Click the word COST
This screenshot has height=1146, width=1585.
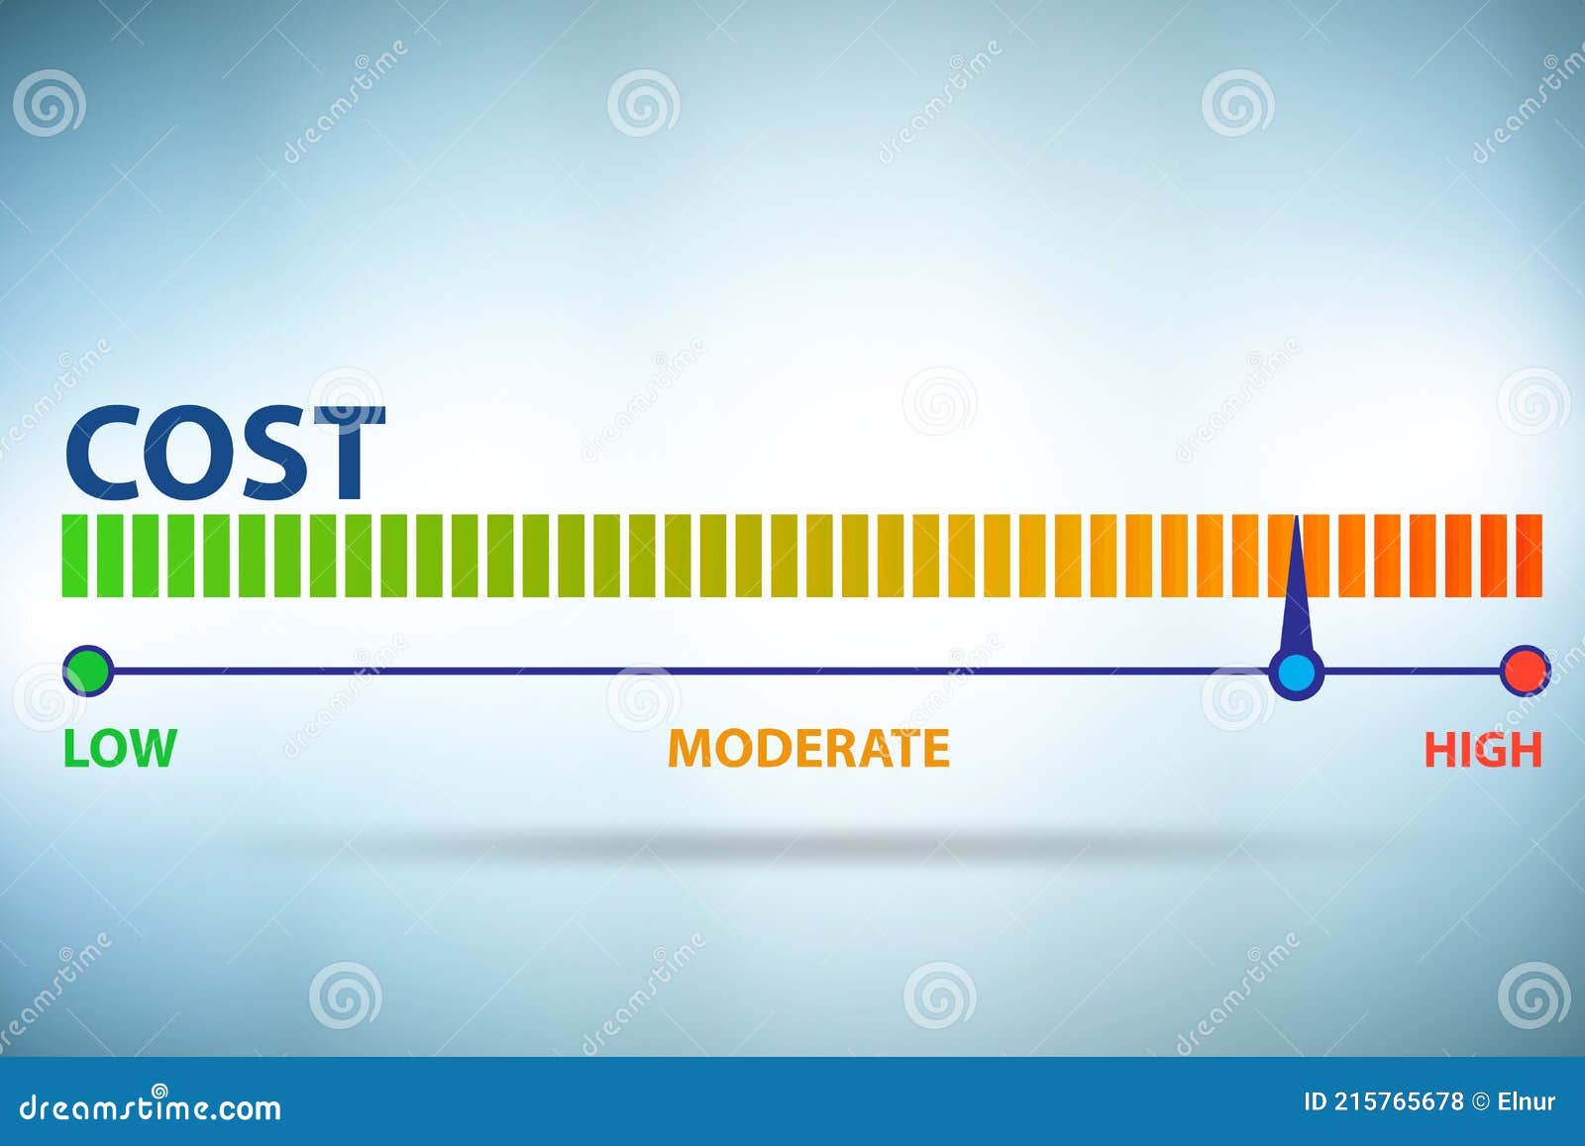coord(224,453)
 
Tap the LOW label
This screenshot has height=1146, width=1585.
coord(120,748)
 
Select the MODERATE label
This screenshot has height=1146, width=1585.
coord(808,748)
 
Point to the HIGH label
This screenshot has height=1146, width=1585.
coord(1483,750)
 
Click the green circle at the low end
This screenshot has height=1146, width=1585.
coord(87,671)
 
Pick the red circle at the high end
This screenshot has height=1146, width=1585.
coord(1525,671)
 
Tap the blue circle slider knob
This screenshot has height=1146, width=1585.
coord(1296,673)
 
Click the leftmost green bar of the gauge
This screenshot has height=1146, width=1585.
coord(74,556)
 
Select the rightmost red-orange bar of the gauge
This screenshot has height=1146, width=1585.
coord(1530,556)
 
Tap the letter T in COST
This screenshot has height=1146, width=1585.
coord(347,453)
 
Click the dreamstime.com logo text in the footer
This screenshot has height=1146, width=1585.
coord(150,1106)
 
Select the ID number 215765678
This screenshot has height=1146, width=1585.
coord(1398,1101)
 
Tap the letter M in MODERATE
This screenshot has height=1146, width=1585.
coord(689,748)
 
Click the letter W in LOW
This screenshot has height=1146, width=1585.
coord(155,748)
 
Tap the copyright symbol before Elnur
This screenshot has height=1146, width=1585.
coord(1480,1101)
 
